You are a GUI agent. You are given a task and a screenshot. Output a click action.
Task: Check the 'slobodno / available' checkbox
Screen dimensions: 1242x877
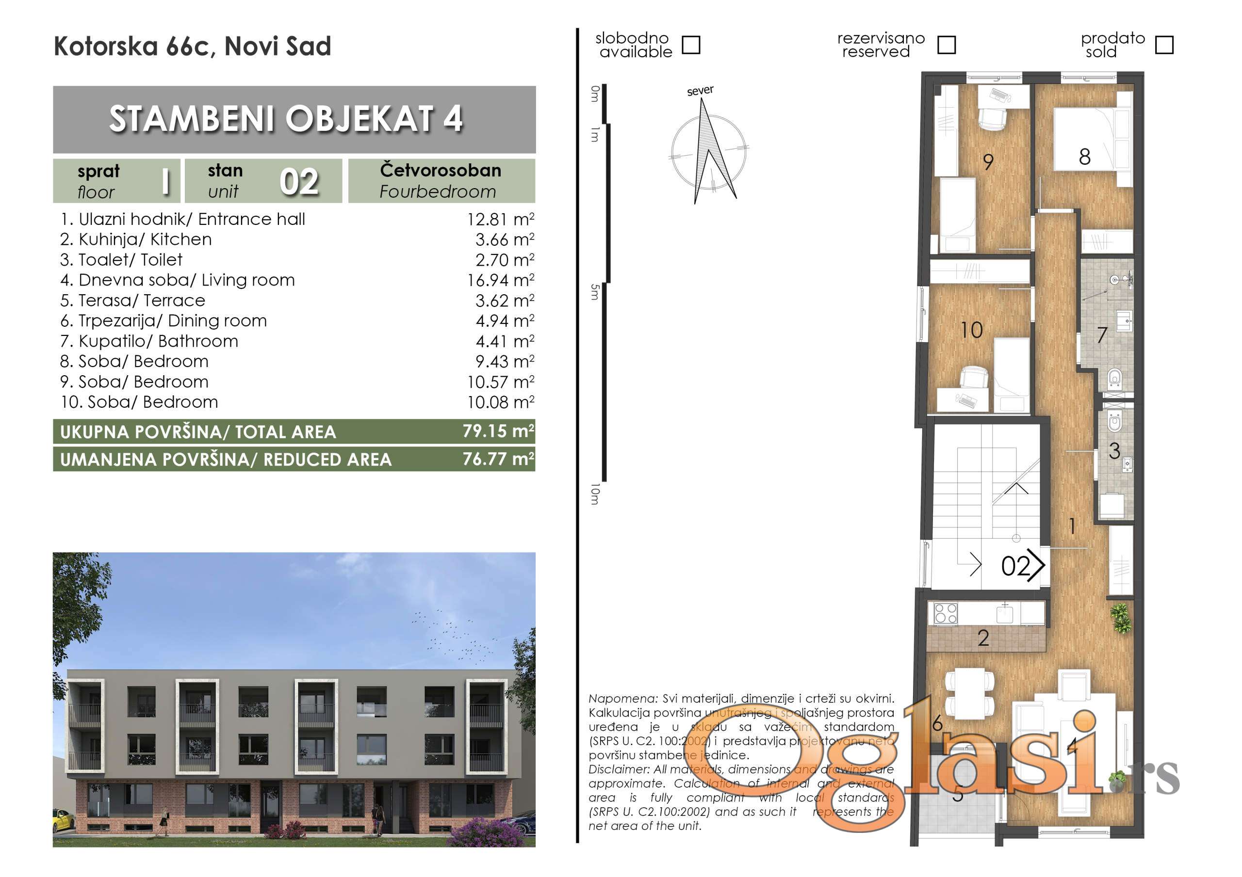click(691, 45)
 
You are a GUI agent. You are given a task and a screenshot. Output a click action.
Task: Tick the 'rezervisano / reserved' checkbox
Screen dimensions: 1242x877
click(946, 45)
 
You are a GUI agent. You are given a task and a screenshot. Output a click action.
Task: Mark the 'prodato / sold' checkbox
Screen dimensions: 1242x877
click(1163, 45)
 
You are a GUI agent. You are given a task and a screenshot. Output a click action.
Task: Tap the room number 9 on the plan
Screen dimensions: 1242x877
click(988, 161)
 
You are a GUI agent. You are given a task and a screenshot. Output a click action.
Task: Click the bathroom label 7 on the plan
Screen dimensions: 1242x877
click(1102, 335)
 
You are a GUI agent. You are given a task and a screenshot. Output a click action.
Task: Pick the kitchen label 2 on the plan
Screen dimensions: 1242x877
click(983, 638)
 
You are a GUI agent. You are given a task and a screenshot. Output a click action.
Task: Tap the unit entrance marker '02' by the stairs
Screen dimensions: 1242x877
click(1016, 566)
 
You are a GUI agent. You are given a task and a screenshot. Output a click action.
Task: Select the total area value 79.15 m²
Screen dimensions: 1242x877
click(498, 431)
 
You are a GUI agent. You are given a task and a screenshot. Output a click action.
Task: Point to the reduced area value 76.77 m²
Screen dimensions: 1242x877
click(498, 459)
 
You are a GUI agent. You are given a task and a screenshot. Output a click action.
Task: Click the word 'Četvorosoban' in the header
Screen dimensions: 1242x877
click(441, 170)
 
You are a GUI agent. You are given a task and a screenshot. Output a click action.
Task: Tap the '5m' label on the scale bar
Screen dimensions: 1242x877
click(595, 292)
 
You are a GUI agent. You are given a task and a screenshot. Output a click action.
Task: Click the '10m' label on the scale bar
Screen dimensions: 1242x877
click(595, 494)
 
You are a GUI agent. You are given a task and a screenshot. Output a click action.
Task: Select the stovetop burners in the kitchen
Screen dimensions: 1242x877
click(946, 614)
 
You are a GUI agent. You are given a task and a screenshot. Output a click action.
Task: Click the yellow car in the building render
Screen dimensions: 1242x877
click(63, 820)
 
